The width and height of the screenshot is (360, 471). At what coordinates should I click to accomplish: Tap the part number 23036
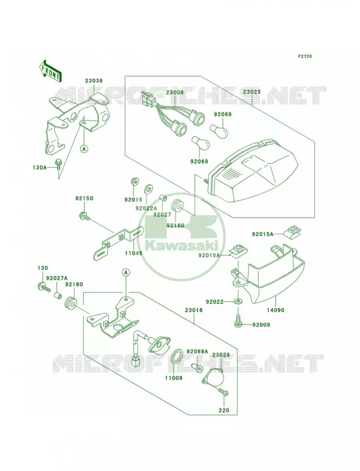pyautogui.click(x=94, y=81)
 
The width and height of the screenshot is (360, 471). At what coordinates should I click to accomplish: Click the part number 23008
pyautogui.click(x=174, y=92)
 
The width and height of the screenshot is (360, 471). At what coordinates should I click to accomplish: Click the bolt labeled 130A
pyautogui.click(x=57, y=164)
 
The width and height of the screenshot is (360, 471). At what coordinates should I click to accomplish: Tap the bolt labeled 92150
pyautogui.click(x=84, y=216)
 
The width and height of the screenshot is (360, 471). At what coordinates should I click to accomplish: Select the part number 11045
pyautogui.click(x=134, y=253)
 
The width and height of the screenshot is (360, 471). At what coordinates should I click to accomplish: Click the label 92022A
pyautogui.click(x=147, y=208)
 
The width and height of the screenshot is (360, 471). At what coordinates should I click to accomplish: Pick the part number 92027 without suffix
pyautogui.click(x=162, y=214)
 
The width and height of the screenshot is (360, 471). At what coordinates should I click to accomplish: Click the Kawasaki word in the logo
pyautogui.click(x=182, y=246)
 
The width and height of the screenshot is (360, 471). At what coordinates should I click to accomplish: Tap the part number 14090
pyautogui.click(x=275, y=310)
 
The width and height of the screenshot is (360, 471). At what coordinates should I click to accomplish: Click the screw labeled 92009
pyautogui.click(x=237, y=319)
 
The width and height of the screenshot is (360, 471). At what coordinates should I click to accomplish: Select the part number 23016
pyautogui.click(x=194, y=310)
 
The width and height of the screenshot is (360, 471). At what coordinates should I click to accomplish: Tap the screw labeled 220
pyautogui.click(x=223, y=392)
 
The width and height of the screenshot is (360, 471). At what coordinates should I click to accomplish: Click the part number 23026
pyautogui.click(x=221, y=355)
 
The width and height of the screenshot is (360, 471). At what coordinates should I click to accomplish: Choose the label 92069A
pyautogui.click(x=197, y=351)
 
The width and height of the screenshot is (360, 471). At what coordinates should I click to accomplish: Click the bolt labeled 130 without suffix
pyautogui.click(x=44, y=287)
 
